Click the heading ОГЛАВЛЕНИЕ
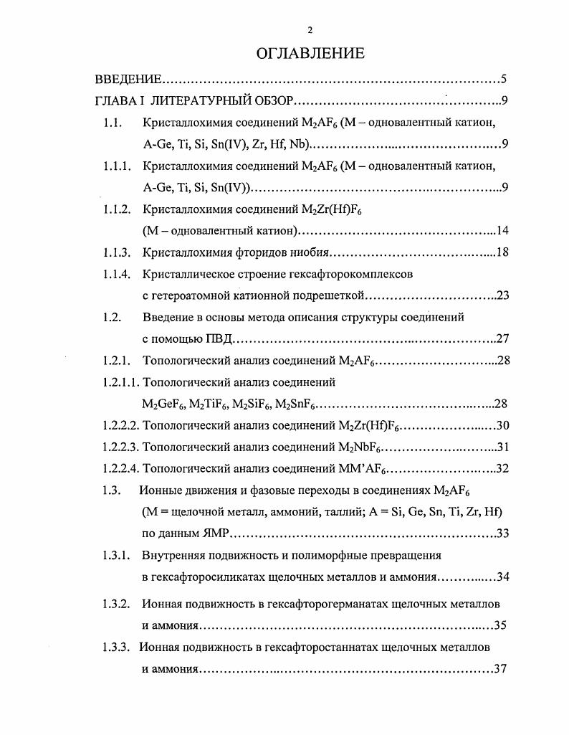(310, 53)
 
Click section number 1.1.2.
(116, 210)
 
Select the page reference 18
(502, 252)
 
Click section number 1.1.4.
(116, 274)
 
